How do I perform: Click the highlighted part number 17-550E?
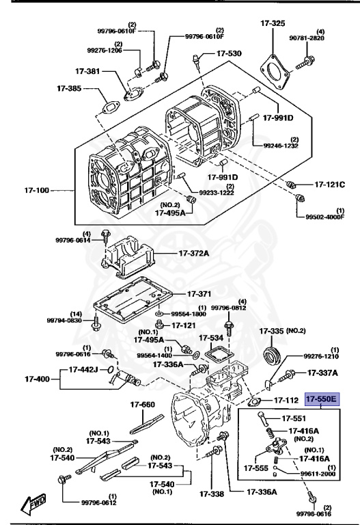click(322, 399)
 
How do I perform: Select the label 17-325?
click(273, 23)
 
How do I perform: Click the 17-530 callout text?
click(229, 53)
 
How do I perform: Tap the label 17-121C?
click(330, 185)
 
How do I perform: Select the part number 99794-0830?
click(64, 320)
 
